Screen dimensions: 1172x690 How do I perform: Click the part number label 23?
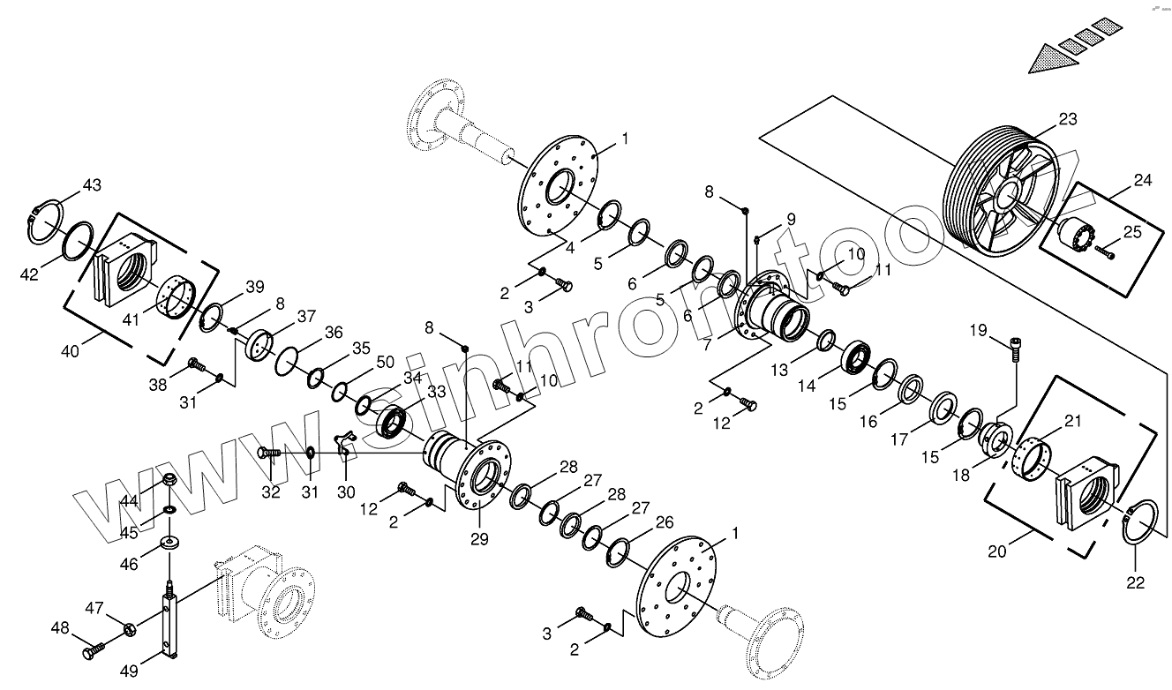[x=1068, y=120]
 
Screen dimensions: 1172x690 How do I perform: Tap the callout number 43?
[x=92, y=185]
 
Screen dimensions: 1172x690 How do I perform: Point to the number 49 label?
[x=129, y=671]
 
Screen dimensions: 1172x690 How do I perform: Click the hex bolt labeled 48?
[x=93, y=652]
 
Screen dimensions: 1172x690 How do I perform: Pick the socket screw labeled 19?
[x=1016, y=348]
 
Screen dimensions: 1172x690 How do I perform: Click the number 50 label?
[x=385, y=362]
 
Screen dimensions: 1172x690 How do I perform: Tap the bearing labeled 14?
[x=857, y=358]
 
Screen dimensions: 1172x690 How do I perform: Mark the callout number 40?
[x=71, y=350]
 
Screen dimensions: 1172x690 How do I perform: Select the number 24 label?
[x=1143, y=181]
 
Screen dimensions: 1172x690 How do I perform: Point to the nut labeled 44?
[x=171, y=483]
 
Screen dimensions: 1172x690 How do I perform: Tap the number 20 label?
[x=997, y=551]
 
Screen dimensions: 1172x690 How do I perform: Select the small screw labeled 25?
[x=1105, y=254]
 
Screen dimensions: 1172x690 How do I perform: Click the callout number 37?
[x=306, y=316]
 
